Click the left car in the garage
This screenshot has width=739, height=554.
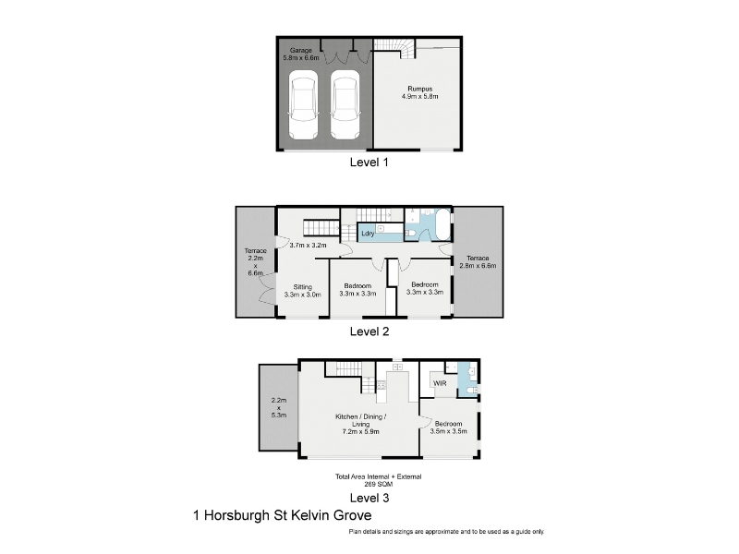coord(303,104)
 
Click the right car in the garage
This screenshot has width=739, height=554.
coord(345,104)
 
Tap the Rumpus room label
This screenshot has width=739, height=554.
coord(420,89)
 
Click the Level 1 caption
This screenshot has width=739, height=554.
coord(369,163)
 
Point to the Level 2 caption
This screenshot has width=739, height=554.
coord(369,331)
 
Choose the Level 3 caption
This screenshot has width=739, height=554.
coord(369,498)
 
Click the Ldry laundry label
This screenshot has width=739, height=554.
coord(368,234)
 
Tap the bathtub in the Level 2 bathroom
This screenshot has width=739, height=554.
coord(443,224)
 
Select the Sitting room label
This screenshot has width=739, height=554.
coord(303,287)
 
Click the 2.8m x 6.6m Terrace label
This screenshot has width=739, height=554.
coord(478,262)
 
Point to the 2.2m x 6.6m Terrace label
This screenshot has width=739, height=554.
coord(256,262)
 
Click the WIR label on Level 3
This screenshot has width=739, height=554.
coord(440,383)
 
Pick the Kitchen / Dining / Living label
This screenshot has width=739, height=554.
coord(361,420)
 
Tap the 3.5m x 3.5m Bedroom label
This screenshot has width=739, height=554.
coord(448,428)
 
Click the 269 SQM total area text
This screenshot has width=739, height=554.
coord(378,484)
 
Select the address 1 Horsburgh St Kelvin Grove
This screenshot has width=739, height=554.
coord(283,515)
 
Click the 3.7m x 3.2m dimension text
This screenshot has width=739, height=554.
coord(308,245)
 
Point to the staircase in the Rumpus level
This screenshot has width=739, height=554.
coord(394,49)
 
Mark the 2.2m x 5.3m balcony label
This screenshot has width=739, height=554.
coord(279,408)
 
